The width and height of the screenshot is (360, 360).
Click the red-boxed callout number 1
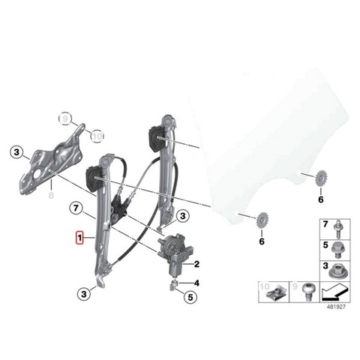point(79,238)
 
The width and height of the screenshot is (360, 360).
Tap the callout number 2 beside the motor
point(196,264)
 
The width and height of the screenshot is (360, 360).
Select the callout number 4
point(196,283)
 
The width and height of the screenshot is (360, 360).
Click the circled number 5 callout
point(190,297)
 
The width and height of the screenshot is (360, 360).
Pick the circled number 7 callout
point(76,208)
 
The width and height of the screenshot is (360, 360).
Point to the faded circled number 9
point(65,118)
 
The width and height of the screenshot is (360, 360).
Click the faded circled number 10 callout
point(97,136)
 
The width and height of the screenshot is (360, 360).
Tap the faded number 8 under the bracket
point(51,195)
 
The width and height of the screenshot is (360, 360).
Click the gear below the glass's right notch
point(320,178)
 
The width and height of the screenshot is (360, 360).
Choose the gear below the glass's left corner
point(262,220)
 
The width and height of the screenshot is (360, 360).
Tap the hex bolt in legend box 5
point(337,250)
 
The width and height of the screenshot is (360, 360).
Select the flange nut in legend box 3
point(337,271)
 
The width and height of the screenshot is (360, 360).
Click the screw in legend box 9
point(307,291)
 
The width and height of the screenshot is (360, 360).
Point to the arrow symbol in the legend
point(334,292)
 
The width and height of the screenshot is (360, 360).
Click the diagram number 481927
point(336,307)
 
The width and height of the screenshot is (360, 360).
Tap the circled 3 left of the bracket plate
point(16,152)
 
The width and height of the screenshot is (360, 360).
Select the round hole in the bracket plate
point(37,174)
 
